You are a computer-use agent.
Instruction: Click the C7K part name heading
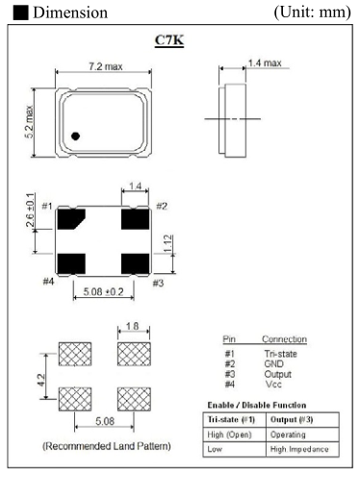click(x=169, y=40)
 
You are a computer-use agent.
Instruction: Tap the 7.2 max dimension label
click(x=106, y=66)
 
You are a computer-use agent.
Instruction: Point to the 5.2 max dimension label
click(x=29, y=121)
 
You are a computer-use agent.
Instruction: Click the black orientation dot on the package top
click(x=75, y=136)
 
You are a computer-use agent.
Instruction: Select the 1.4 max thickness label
click(x=265, y=63)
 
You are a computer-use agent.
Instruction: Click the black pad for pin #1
click(x=71, y=219)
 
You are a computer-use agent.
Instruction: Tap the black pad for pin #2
click(x=135, y=219)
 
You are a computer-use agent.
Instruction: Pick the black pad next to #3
click(x=135, y=264)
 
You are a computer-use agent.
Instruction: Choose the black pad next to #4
click(x=71, y=264)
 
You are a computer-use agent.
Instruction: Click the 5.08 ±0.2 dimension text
click(x=103, y=291)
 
